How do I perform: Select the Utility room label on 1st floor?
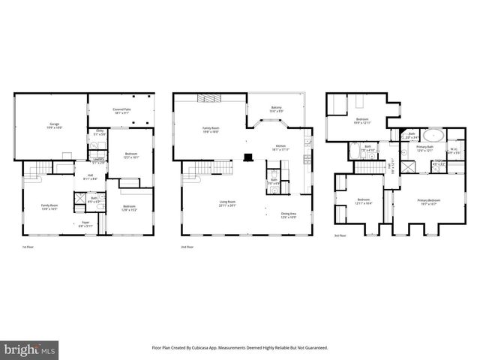click(99, 132)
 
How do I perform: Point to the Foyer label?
click(75, 223)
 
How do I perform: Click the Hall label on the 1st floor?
click(90, 178)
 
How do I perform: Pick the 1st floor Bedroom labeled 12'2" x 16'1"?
click(130, 155)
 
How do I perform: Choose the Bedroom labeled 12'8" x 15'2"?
click(129, 208)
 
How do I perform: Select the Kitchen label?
click(280, 148)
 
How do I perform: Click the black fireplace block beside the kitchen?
click(247, 157)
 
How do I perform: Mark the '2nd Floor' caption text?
click(187, 246)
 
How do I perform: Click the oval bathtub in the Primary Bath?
click(432, 136)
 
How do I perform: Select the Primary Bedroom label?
click(428, 202)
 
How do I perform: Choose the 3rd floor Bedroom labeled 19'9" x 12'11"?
click(362, 121)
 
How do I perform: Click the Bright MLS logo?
click(30, 349)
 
